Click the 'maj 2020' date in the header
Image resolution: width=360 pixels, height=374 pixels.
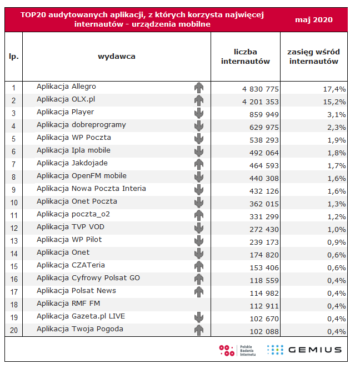pyautogui.click(x=314, y=20)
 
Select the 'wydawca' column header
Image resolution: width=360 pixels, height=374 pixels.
pyautogui.click(x=117, y=57)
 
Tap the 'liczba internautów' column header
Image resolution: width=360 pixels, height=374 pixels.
pyautogui.click(x=246, y=57)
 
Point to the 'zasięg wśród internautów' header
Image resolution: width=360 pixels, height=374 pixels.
pyautogui.click(x=314, y=57)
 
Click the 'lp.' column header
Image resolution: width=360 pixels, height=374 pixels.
pyautogui.click(x=13, y=57)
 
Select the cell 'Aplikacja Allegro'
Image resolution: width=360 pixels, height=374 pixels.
pyautogui.click(x=66, y=87)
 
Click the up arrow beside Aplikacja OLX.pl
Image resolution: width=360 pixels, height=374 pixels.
pyautogui.click(x=199, y=100)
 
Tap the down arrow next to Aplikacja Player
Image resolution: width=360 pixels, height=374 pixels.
pyautogui.click(x=199, y=113)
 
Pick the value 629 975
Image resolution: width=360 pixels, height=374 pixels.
pyautogui.click(x=264, y=128)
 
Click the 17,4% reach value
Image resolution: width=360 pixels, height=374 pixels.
pyautogui.click(x=334, y=89)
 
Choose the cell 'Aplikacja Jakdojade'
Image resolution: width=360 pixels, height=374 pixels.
pyautogui.click(x=72, y=163)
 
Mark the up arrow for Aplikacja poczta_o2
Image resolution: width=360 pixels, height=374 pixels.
pyautogui.click(x=199, y=215)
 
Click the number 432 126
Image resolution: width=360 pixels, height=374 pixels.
pyautogui.click(x=264, y=191)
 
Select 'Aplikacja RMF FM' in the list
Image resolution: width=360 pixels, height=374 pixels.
pyautogui.click(x=68, y=304)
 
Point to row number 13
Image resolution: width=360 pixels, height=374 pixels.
pyautogui.click(x=14, y=241)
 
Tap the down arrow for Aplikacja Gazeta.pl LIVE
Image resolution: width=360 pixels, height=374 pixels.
pyautogui.click(x=199, y=317)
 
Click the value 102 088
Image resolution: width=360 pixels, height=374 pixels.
pyautogui.click(x=264, y=331)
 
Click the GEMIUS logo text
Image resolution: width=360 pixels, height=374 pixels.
pyautogui.click(x=315, y=350)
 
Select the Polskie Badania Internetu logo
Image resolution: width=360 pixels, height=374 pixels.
pyautogui.click(x=237, y=350)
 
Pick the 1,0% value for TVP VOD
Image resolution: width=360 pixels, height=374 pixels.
pyautogui.click(x=336, y=230)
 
